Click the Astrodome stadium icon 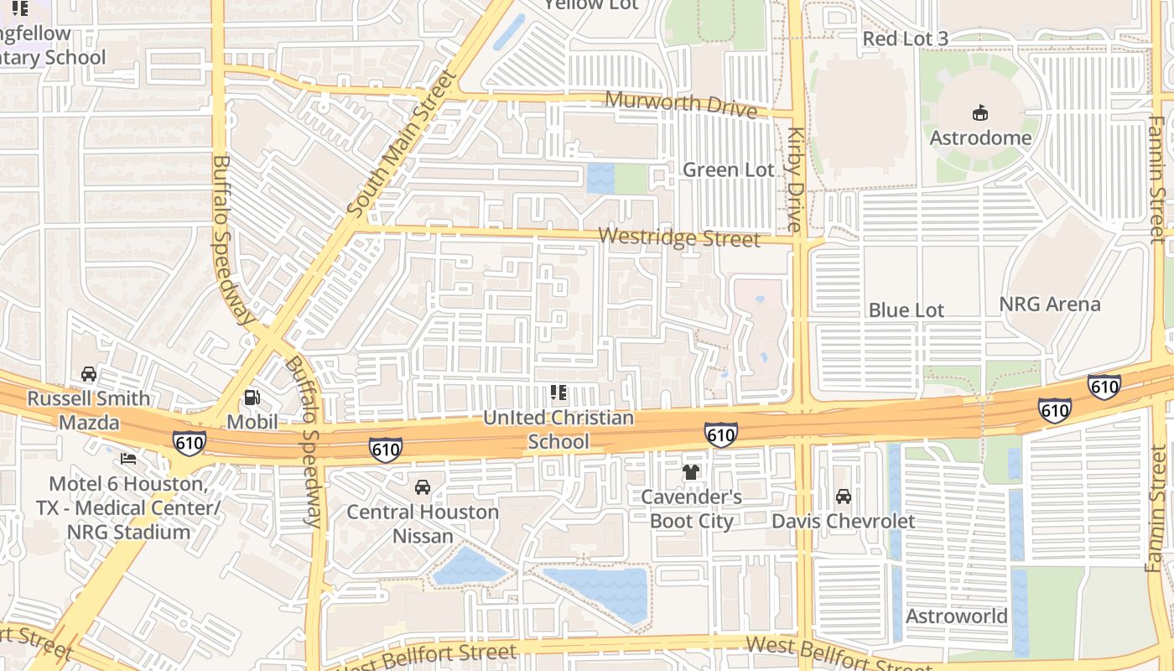[x=979, y=112]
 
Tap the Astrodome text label [x=979, y=137]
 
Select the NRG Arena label [x=1049, y=304]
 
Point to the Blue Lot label [x=906, y=309]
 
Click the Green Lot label [x=728, y=169]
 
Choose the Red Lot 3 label [x=905, y=39]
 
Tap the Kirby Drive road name [x=795, y=179]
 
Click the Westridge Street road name [x=680, y=238]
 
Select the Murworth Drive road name [x=680, y=104]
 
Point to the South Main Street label [x=403, y=142]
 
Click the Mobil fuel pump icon [x=252, y=398]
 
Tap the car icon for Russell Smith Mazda [x=88, y=374]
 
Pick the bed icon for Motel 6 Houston [x=128, y=459]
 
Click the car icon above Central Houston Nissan [x=423, y=487]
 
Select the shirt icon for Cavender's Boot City [x=691, y=472]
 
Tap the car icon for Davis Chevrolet [x=843, y=497]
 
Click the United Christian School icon [x=558, y=392]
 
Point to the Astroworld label [x=956, y=616]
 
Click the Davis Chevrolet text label [x=843, y=521]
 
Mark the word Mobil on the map [x=252, y=421]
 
